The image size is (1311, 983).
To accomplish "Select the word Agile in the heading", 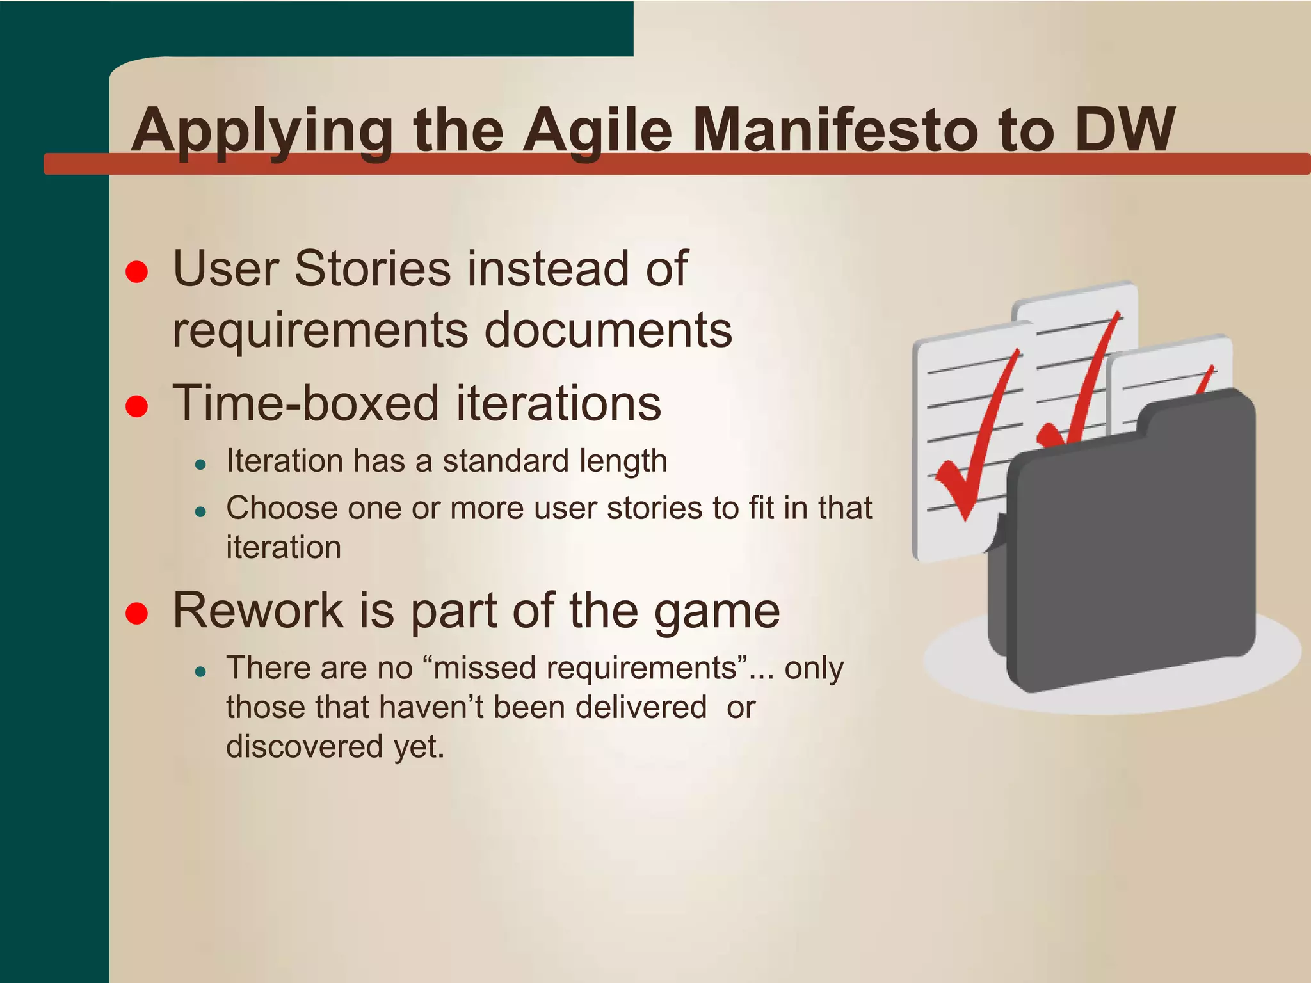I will pyautogui.click(x=598, y=131).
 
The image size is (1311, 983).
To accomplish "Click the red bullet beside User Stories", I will pyautogui.click(x=137, y=271).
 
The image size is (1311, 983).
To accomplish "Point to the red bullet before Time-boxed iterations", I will pyautogui.click(x=137, y=406).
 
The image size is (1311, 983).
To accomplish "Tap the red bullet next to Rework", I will pyautogui.click(x=137, y=613).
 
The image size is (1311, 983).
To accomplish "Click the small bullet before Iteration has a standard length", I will pyautogui.click(x=201, y=465).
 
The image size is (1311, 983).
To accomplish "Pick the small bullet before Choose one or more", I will pyautogui.click(x=201, y=512).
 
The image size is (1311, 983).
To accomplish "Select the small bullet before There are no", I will pyautogui.click(x=201, y=672).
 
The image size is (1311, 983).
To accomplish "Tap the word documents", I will pyautogui.click(x=608, y=330).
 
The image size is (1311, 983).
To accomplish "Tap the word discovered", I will pyautogui.click(x=305, y=746).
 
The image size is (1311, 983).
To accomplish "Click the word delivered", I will pyautogui.click(x=641, y=707).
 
